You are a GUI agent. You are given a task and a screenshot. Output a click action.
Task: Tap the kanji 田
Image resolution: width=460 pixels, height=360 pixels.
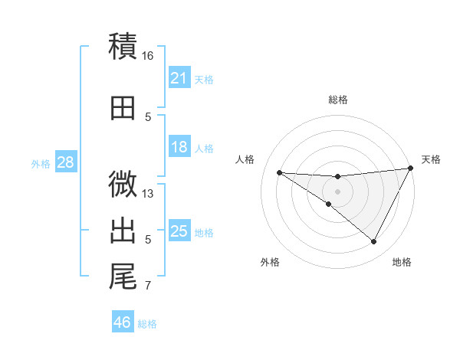pyautogui.click(x=123, y=108)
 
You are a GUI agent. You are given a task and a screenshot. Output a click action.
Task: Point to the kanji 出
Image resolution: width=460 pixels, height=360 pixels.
pyautogui.click(x=123, y=231)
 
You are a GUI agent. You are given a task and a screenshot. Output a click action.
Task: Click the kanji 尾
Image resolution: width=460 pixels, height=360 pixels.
pyautogui.click(x=123, y=277)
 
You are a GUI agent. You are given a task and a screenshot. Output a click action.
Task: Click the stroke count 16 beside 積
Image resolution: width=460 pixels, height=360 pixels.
pyautogui.click(x=148, y=56)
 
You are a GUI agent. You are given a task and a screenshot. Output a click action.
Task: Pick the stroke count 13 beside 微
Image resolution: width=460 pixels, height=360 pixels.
pyautogui.click(x=149, y=194)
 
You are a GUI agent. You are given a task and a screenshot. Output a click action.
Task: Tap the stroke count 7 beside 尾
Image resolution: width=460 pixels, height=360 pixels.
pyautogui.click(x=148, y=286)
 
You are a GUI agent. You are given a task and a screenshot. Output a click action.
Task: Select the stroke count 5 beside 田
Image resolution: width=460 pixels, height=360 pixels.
pyautogui.click(x=148, y=117)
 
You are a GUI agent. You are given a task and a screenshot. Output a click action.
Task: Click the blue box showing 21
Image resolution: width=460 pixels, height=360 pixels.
pyautogui.click(x=179, y=78)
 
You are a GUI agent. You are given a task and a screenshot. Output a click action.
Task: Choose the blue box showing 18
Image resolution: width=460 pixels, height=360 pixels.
pyautogui.click(x=179, y=148)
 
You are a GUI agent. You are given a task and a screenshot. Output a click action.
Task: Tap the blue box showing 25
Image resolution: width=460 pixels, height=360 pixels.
pyautogui.click(x=179, y=231)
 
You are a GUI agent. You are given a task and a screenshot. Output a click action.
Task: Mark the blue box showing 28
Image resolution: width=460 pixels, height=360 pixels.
pyautogui.click(x=65, y=162)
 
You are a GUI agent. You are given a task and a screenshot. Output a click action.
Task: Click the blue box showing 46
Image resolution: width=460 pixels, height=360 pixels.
pyautogui.click(x=122, y=322)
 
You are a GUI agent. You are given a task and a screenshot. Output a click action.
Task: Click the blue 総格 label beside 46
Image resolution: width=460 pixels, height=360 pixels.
pyautogui.click(x=147, y=324)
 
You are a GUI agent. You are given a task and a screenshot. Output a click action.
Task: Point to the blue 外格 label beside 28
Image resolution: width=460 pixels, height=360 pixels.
pyautogui.click(x=41, y=163)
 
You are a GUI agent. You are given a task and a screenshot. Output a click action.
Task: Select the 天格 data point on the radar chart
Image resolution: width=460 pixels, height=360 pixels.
pyautogui.click(x=411, y=169)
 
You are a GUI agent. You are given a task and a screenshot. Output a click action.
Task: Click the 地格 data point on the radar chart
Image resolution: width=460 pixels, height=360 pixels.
pyautogui.click(x=374, y=242)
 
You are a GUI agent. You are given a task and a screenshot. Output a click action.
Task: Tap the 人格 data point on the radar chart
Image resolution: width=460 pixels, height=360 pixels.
pyautogui.click(x=279, y=172)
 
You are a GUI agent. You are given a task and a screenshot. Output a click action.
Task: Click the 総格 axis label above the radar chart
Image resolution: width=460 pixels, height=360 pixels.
pyautogui.click(x=337, y=100)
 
